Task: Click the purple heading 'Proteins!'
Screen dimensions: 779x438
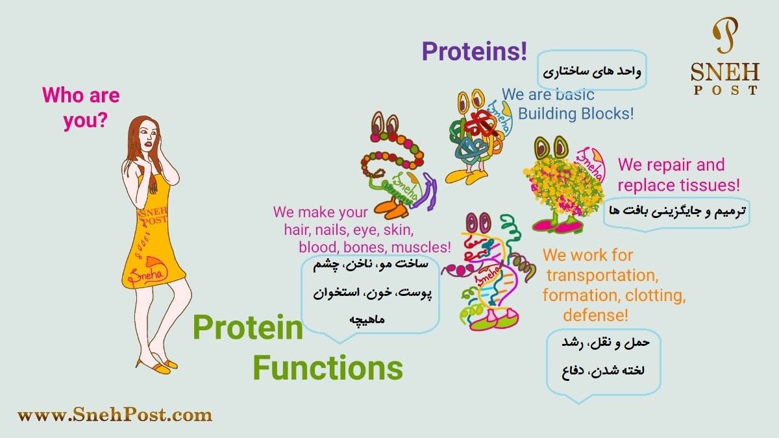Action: pyautogui.click(x=475, y=51)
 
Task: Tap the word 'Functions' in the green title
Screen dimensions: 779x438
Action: pyautogui.click(x=328, y=368)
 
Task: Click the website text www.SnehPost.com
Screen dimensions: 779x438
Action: pyautogui.click(x=115, y=415)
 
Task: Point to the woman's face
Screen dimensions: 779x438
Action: pyautogui.click(x=149, y=137)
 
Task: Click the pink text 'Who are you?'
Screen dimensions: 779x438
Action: pyautogui.click(x=81, y=108)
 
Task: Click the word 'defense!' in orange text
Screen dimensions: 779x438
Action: pyautogui.click(x=596, y=315)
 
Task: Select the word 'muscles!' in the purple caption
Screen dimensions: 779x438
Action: pyautogui.click(x=421, y=247)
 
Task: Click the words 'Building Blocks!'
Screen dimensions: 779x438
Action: pyautogui.click(x=576, y=114)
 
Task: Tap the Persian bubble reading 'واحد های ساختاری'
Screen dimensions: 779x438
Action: pyautogui.click(x=592, y=71)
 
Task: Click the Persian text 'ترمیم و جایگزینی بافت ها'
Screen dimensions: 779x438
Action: pyautogui.click(x=676, y=211)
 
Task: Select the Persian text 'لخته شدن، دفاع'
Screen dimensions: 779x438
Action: pyautogui.click(x=603, y=371)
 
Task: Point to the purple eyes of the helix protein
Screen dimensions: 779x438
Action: pyautogui.click(x=478, y=223)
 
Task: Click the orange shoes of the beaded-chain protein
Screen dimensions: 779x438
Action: pyautogui.click(x=391, y=208)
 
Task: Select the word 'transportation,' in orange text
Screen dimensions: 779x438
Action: pyautogui.click(x=602, y=275)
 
